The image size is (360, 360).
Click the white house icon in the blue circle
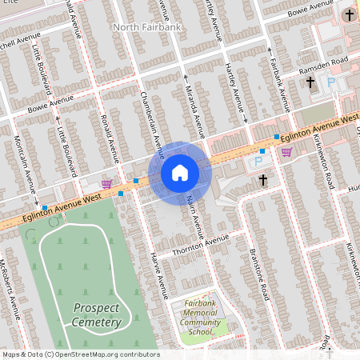(180, 173)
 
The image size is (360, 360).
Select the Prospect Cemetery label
(97, 314)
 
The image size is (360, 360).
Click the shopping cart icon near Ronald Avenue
(106, 183)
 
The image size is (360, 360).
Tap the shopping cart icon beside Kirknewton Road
(286, 152)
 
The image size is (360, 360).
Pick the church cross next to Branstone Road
(262, 180)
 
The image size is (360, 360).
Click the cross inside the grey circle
(348, 15)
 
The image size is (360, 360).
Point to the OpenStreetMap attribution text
(80, 354)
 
